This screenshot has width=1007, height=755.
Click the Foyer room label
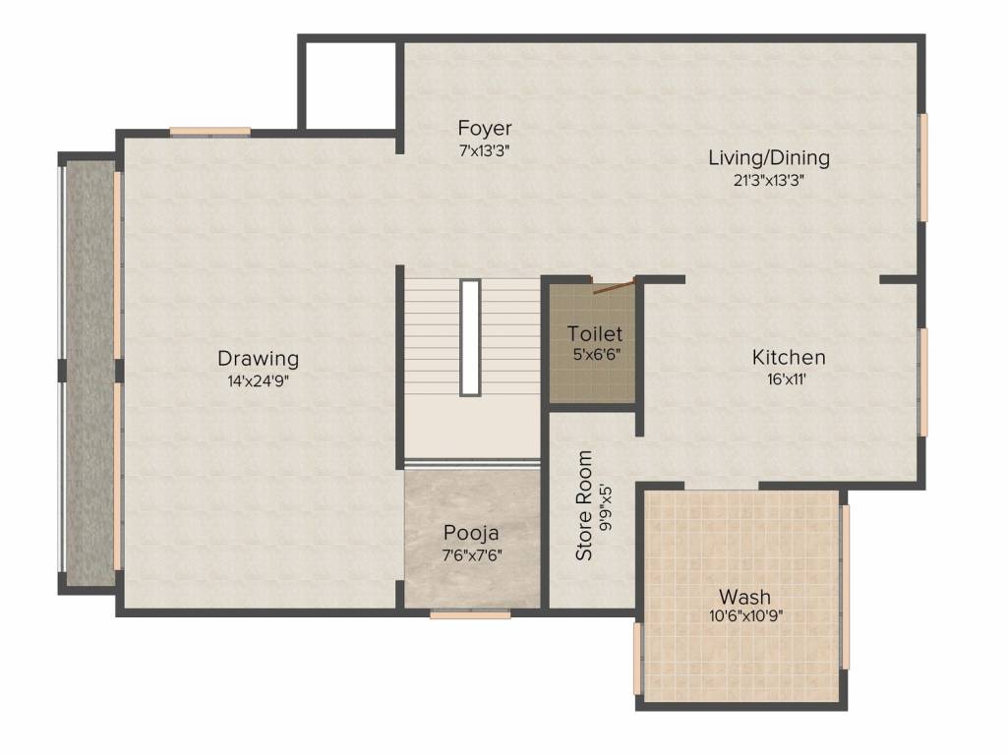(484, 128)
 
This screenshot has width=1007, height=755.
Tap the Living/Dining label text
(769, 158)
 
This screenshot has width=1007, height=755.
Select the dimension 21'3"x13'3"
(769, 181)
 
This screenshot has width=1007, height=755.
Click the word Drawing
(259, 358)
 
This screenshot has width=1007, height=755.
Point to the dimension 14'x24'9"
(259, 381)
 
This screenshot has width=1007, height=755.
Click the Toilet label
(595, 334)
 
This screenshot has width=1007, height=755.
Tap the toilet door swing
(614, 286)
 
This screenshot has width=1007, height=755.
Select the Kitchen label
(789, 357)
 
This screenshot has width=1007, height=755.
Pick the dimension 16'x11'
(787, 379)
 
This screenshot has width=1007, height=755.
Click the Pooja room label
(471, 534)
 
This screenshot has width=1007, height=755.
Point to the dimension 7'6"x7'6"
(472, 555)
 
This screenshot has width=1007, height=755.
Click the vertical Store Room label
(584, 505)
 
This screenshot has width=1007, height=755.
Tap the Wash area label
(745, 597)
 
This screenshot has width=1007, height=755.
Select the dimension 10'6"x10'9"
(745, 617)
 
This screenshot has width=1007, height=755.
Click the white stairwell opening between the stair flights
(470, 338)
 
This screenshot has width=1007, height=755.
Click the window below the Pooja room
(470, 614)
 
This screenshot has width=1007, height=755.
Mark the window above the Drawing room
(210, 133)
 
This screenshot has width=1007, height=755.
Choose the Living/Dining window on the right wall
(922, 168)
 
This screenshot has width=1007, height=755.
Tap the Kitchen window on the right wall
(922, 382)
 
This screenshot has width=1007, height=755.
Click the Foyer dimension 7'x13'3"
(484, 151)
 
